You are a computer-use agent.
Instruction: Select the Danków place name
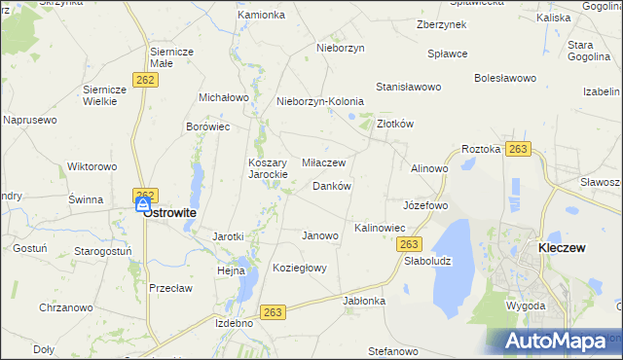click(331, 186)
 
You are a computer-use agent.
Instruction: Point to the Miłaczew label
click(324, 162)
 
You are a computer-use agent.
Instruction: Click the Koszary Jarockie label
click(268, 168)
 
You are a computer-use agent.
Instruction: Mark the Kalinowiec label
click(380, 228)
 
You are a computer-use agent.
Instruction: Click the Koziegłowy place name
click(300, 268)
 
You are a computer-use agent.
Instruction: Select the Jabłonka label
click(364, 301)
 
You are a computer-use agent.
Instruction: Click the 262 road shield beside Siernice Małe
click(147, 79)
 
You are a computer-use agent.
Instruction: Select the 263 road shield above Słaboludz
click(410, 244)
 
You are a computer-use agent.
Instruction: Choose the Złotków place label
click(396, 125)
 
